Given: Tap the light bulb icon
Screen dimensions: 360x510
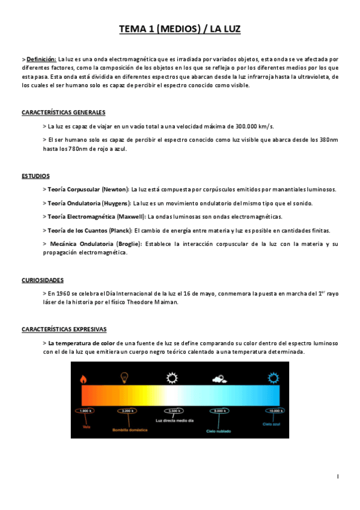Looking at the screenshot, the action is click(x=125, y=378).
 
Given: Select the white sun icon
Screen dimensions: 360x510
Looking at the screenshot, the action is click(x=172, y=378).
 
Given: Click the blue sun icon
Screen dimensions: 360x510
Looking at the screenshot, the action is click(x=273, y=378).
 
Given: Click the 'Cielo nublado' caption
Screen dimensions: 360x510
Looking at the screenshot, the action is click(x=219, y=431).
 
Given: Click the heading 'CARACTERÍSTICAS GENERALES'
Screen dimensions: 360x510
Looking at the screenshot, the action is click(x=63, y=112).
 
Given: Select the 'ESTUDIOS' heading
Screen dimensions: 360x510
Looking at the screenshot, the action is click(x=35, y=176).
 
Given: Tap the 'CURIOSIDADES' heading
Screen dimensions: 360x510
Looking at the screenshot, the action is click(x=43, y=280).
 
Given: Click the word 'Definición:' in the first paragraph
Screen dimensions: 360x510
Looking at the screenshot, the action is click(x=41, y=59).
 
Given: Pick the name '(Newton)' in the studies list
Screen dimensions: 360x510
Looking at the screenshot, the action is click(x=115, y=189).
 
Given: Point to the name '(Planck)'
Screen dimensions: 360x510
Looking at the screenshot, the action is click(x=118, y=230).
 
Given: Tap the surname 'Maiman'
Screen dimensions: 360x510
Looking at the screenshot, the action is click(x=164, y=302).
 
